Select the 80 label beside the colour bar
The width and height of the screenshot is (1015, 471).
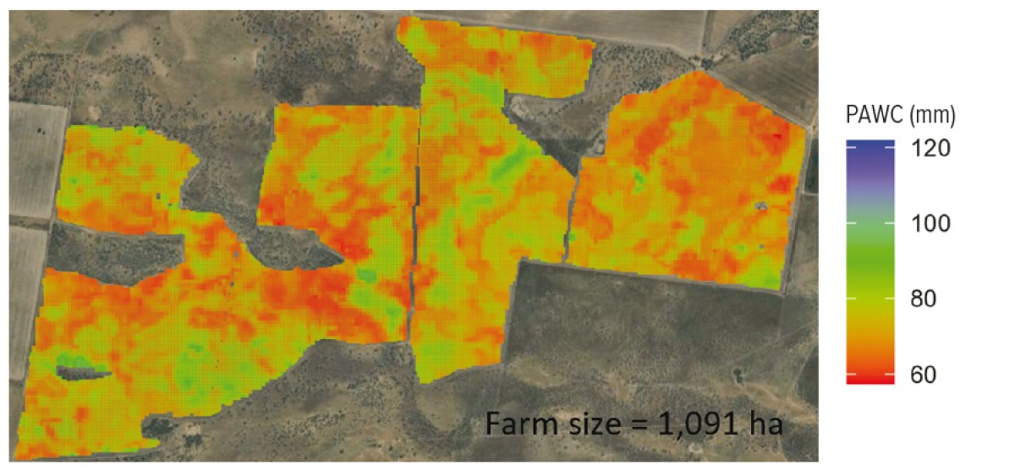pyautogui.click(x=930, y=299)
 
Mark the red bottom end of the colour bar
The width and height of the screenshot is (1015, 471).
pyautogui.click(x=870, y=379)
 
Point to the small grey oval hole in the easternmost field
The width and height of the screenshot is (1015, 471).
pyautogui.click(x=760, y=205)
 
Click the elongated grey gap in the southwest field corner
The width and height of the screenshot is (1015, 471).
pyautogui.click(x=83, y=369)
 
